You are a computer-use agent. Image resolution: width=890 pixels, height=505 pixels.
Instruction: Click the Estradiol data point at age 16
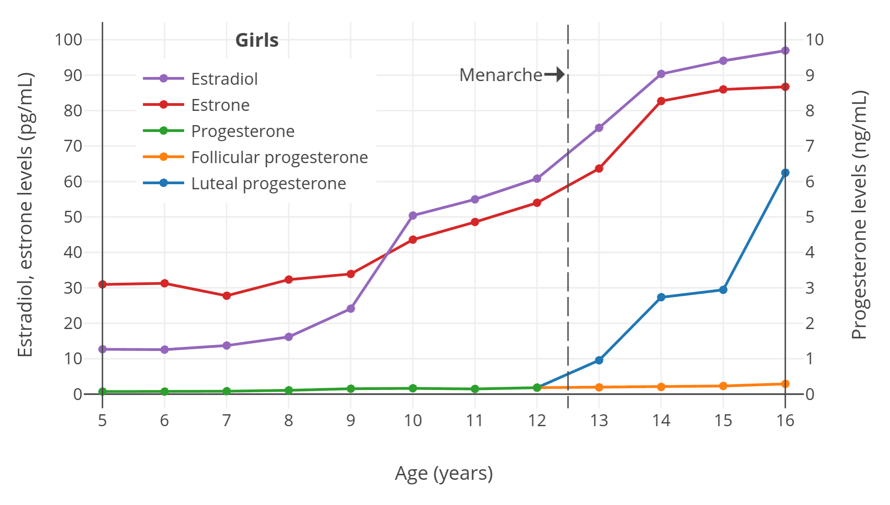pos(785,50)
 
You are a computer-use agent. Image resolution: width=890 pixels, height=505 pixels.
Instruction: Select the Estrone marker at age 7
pos(226,296)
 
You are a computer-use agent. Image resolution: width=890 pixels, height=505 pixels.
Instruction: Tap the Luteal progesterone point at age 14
pos(661,297)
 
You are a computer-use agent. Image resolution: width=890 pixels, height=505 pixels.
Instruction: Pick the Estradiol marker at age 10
pos(413,215)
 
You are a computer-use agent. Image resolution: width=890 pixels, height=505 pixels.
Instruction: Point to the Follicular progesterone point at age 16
pos(785,384)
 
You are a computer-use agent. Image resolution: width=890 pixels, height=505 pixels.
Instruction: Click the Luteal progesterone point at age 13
pos(599,360)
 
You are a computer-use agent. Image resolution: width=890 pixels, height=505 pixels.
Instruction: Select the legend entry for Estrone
pos(220,105)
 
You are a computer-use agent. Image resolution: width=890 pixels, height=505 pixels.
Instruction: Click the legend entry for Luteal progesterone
pos(268,183)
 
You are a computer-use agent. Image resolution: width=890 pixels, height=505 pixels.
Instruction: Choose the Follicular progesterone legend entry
pos(279,157)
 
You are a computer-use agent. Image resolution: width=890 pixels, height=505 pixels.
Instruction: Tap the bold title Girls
pos(257,40)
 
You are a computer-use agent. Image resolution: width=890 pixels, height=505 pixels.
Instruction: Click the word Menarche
pos(500,75)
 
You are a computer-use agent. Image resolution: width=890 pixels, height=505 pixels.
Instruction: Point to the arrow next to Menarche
pos(555,74)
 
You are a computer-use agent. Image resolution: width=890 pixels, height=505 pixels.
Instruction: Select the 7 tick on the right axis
pos(810,146)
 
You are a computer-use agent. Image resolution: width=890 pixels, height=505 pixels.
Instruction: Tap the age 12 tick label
pos(537,420)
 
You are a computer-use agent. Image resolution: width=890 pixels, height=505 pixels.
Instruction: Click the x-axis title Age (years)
pos(444,473)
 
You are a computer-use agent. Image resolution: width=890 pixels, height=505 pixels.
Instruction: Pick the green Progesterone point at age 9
pos(351,389)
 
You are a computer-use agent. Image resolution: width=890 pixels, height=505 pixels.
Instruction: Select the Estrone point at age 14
pos(661,101)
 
